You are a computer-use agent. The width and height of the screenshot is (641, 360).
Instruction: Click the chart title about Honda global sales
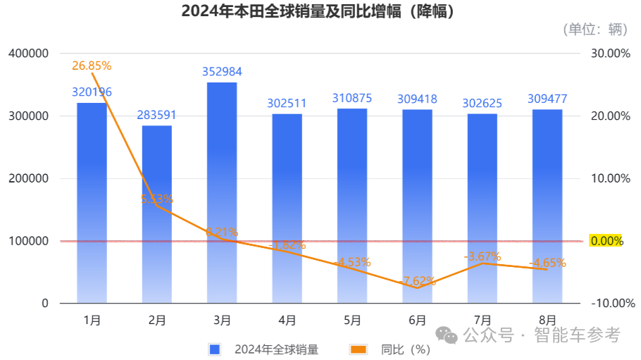pyautogui.click(x=318, y=11)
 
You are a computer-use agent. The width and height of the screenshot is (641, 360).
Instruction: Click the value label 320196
pyautogui.click(x=92, y=92)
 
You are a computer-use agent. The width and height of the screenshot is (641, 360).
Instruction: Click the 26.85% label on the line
pyautogui.click(x=92, y=66)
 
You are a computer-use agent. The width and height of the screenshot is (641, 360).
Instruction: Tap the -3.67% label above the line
pyautogui.click(x=483, y=256)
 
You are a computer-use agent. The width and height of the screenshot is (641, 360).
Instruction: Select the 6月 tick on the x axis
pyautogui.click(x=417, y=321)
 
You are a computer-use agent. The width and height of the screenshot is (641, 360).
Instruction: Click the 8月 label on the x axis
pyautogui.click(x=547, y=321)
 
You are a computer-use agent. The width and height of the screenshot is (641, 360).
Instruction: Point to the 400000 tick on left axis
pyautogui.click(x=28, y=54)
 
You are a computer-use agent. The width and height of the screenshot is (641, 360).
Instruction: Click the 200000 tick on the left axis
pyautogui.click(x=28, y=179)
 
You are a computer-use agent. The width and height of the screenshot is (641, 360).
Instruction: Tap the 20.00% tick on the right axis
pyautogui.click(x=610, y=116)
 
